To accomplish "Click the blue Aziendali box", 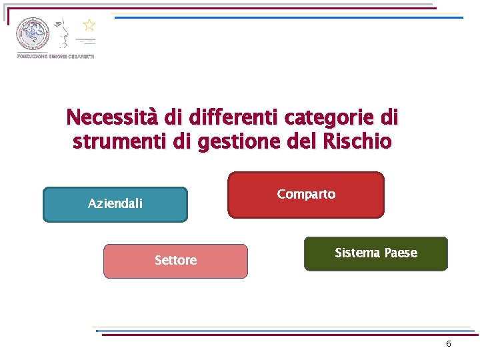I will click(x=115, y=204).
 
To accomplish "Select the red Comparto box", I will click(x=306, y=195).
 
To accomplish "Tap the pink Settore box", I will click(x=175, y=261).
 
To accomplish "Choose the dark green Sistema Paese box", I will click(x=375, y=253).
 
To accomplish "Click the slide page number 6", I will click(x=449, y=344).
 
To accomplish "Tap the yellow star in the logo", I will click(x=89, y=25).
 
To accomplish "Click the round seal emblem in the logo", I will click(x=33, y=33).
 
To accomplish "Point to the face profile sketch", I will click(x=63, y=33).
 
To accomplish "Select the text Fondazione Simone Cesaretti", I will click(x=55, y=57).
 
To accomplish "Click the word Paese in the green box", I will click(x=401, y=253).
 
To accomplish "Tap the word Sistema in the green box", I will click(x=357, y=253).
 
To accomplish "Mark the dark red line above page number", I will click(x=287, y=335).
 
